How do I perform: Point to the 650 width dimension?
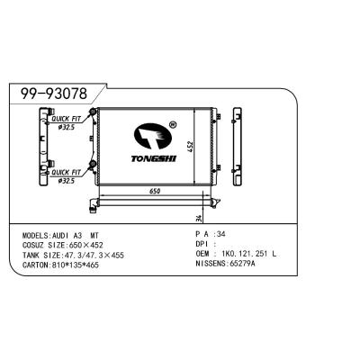pyautogui.click(x=154, y=191)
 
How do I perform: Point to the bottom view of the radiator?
pyautogui.click(x=154, y=203)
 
